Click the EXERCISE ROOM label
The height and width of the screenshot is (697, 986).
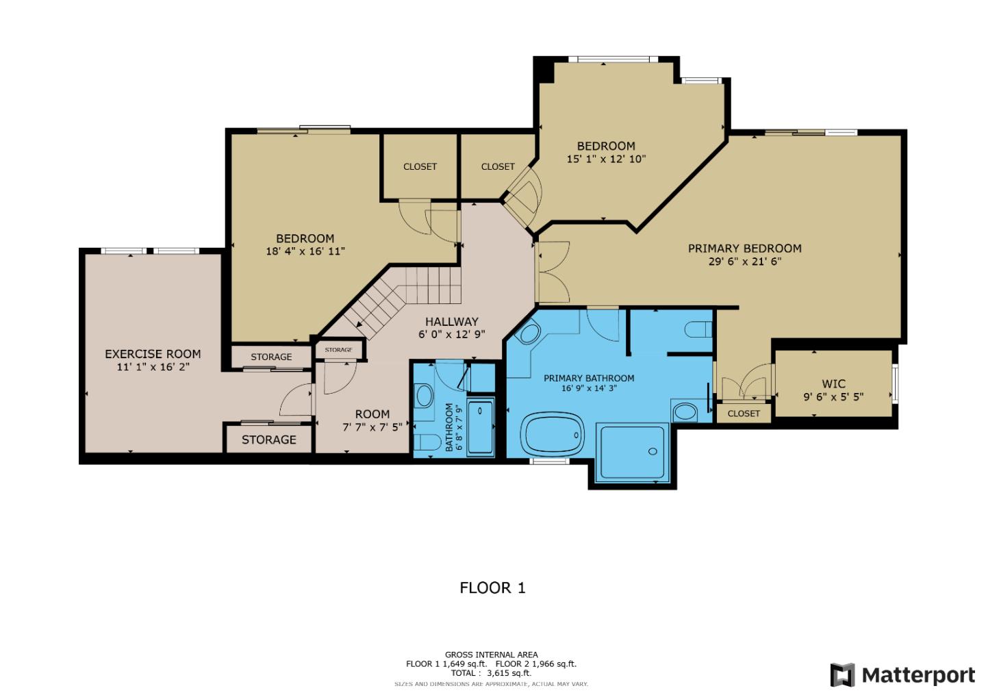(x=153, y=354)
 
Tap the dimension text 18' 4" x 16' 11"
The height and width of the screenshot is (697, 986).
(x=305, y=251)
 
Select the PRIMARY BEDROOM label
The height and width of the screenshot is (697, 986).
(x=744, y=249)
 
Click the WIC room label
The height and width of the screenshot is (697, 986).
(x=833, y=384)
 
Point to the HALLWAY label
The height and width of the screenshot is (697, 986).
(x=451, y=322)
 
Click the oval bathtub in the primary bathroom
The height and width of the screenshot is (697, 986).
(x=553, y=435)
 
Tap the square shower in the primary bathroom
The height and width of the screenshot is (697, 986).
(x=633, y=452)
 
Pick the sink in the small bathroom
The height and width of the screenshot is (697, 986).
(x=425, y=396)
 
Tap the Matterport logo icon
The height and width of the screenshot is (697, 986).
(x=842, y=675)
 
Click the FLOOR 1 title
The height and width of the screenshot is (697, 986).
(x=492, y=587)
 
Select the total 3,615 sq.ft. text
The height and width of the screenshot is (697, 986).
(x=491, y=673)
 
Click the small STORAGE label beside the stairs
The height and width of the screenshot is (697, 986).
(x=338, y=350)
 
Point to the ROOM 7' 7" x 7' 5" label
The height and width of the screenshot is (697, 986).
(x=372, y=420)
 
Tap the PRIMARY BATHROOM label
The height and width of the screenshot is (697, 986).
(x=589, y=378)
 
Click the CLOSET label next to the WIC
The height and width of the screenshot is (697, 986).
(x=744, y=414)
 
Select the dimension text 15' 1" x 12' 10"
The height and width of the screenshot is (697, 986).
(x=606, y=159)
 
